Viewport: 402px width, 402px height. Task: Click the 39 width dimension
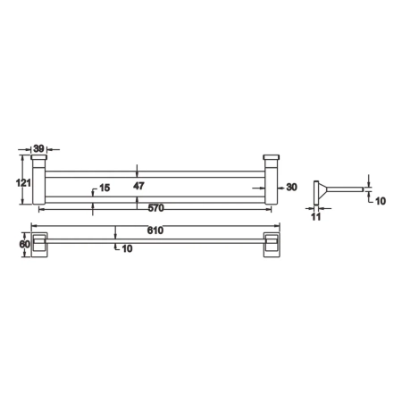[39, 150]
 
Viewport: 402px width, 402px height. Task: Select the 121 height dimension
[24, 183]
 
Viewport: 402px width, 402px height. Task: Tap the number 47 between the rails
[138, 186]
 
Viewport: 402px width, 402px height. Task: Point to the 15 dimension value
[105, 188]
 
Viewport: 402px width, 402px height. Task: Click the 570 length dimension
[155, 208]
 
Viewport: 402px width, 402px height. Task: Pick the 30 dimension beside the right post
[292, 187]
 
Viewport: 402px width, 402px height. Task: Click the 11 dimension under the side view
[315, 215]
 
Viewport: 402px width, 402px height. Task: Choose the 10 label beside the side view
[379, 202]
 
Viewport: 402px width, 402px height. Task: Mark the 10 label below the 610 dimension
[127, 247]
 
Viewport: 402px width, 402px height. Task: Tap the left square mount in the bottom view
[40, 246]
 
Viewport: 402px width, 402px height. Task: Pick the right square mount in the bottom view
[270, 246]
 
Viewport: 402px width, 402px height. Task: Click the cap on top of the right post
[271, 159]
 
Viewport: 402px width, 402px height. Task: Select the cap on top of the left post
[39, 159]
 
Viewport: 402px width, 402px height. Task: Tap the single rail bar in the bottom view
[155, 239]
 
